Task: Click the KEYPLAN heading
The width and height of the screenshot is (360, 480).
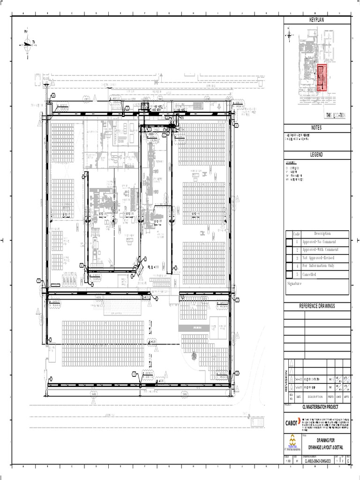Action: tap(317, 20)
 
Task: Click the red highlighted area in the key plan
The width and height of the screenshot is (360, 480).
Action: tap(322, 78)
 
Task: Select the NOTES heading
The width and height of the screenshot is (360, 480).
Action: tap(317, 128)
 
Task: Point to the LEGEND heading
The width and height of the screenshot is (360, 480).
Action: tap(317, 155)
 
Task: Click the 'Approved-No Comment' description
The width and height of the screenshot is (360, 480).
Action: tap(319, 242)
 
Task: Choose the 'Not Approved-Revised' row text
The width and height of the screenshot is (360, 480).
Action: tap(318, 258)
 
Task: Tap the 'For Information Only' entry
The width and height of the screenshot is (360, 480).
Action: tap(318, 266)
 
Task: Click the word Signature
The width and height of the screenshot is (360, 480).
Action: tap(294, 284)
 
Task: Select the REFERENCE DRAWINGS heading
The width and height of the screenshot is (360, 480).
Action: tap(317, 306)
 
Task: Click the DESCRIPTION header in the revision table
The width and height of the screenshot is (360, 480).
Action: tap(312, 396)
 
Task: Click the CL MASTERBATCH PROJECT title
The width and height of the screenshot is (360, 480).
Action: tap(320, 407)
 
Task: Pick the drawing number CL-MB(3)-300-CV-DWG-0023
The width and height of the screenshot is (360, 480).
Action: tap(321, 460)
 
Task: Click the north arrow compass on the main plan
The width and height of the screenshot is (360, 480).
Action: tap(27, 44)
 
